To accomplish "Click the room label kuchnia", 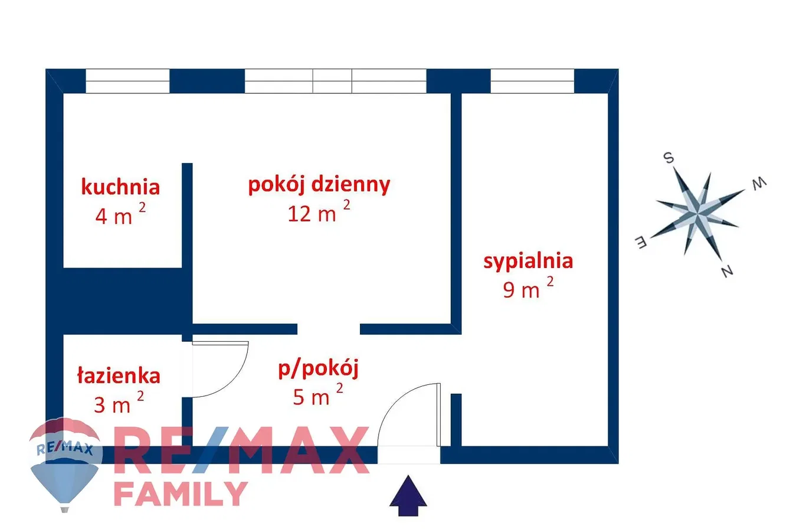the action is point(120,187).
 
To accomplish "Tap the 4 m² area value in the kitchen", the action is point(120,213).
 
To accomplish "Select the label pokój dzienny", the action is point(319,185).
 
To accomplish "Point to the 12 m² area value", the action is point(319,211).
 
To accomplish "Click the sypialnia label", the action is point(528,262).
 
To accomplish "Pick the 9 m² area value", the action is point(528,288).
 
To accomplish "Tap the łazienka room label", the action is point(119,375).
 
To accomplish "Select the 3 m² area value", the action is point(119,402).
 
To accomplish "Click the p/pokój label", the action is point(318,369).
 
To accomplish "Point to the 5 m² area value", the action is point(318,394).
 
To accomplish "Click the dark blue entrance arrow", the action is point(408,496).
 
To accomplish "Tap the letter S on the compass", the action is point(669,158).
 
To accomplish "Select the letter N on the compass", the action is point(727,271).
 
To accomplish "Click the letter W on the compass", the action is point(758,184).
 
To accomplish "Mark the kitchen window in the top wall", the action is point(127,81).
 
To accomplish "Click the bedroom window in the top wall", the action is point(532,81).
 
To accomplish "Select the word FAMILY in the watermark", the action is point(181,494).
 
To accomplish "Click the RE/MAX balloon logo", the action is point(65,464).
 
